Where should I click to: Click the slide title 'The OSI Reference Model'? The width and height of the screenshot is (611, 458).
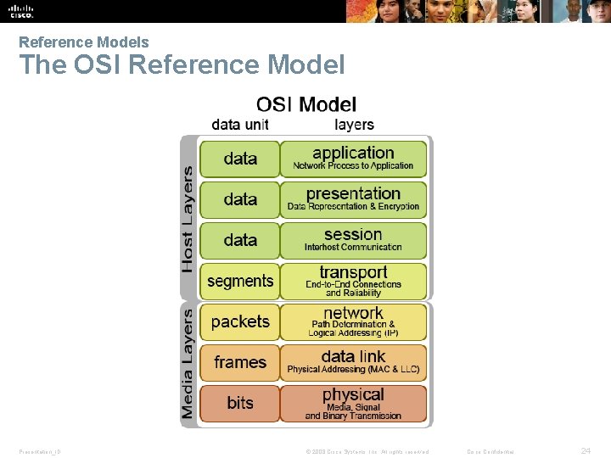pos(182,65)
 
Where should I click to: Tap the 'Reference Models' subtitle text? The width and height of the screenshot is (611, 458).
pos(83,42)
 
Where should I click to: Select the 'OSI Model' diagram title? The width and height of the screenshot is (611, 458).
pos(306,104)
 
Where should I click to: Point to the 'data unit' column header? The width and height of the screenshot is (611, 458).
pos(240,125)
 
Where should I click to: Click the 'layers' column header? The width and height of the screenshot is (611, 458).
pos(354,125)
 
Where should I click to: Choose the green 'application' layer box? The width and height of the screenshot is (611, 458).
pos(353,159)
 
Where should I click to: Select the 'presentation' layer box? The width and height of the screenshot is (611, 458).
pos(353,199)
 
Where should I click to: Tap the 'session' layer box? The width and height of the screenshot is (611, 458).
pos(353,240)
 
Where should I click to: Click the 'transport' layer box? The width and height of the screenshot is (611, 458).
pos(353,281)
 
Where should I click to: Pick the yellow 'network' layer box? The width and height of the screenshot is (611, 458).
pos(353,321)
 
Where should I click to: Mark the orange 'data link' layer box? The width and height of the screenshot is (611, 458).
pos(353,362)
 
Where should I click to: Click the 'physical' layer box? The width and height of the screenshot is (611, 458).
pos(353,403)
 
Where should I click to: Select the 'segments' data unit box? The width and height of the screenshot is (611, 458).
pos(240,281)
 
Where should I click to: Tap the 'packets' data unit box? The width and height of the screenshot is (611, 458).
pos(240,321)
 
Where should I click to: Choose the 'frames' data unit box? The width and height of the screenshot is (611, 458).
pos(240,362)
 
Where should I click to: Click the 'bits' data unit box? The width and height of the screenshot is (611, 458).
pos(240,403)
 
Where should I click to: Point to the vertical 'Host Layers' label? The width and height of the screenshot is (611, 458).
pos(188,219)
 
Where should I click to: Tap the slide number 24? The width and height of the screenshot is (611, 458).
pos(586,451)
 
